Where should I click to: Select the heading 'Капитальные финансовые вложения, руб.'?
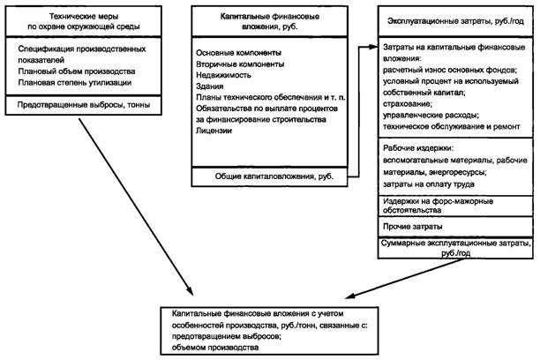271,21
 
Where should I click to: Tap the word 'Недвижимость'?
225,77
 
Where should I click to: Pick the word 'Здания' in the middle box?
211,88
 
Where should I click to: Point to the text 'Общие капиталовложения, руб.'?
273,176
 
